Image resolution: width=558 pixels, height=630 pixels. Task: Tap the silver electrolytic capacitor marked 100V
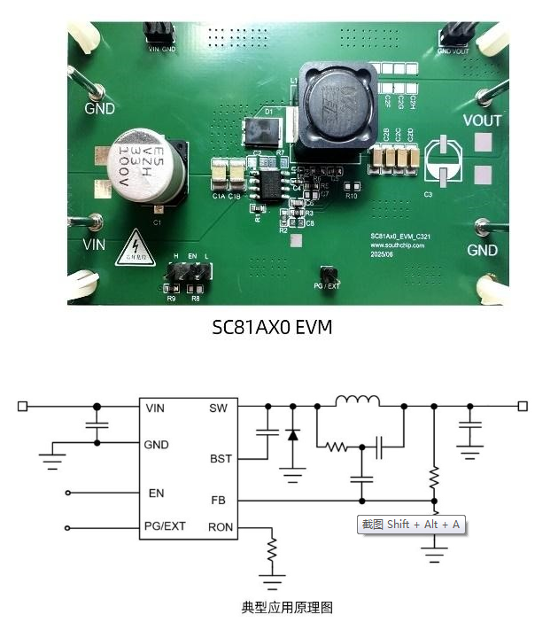(x=149, y=169)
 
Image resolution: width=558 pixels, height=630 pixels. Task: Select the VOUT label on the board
(x=482, y=121)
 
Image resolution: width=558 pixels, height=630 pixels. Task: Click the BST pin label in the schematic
(x=221, y=459)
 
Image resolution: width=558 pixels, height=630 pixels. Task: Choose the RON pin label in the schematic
(x=221, y=527)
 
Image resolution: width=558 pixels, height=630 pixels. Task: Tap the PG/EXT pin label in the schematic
(x=165, y=527)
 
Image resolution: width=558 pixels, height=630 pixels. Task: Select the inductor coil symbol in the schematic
(x=358, y=401)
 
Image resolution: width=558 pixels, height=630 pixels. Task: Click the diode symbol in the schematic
(x=293, y=435)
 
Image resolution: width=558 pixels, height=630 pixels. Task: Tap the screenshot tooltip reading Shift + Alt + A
(x=410, y=525)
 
